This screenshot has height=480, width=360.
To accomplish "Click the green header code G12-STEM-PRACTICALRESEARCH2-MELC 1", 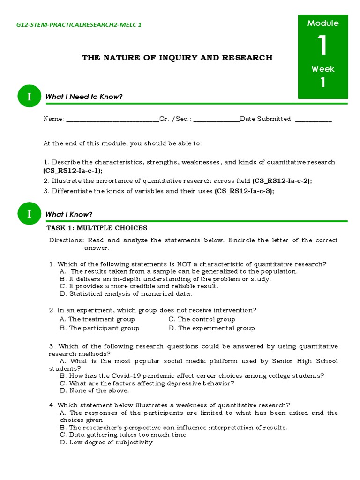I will point(79,24).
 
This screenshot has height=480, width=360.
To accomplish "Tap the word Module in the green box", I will point(323,23).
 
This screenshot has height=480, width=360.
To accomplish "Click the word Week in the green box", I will point(323,69).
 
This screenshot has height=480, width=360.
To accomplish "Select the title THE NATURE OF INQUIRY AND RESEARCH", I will point(177,58).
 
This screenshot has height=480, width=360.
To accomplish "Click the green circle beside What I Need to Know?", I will point(30,97).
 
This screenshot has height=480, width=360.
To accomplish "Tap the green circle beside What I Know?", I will point(30,214).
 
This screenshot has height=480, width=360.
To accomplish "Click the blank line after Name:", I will point(112,120).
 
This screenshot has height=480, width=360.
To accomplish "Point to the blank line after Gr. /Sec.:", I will point(216,120).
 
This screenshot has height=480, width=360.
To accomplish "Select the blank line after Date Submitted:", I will point(314,120).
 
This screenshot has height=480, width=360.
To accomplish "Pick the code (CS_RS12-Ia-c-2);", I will point(282,180).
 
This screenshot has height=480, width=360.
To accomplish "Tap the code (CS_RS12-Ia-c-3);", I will point(245,191).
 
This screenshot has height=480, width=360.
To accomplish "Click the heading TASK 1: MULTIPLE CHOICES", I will point(97,228).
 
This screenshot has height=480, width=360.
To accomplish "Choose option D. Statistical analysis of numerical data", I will point(126,294).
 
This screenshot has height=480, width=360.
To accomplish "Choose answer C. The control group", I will point(202,319).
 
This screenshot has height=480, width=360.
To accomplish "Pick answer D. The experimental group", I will point(211,328).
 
